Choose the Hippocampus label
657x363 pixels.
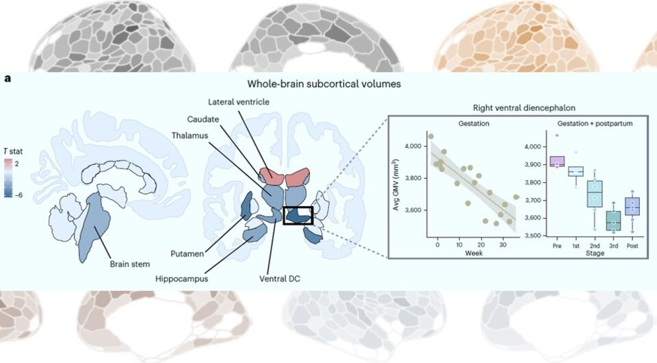tap(182, 279)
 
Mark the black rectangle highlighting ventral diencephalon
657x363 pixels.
tap(298, 216)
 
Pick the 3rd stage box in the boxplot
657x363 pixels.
tap(613, 221)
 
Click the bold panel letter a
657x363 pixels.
tap(8, 79)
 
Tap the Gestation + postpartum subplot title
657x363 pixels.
tap(593, 123)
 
